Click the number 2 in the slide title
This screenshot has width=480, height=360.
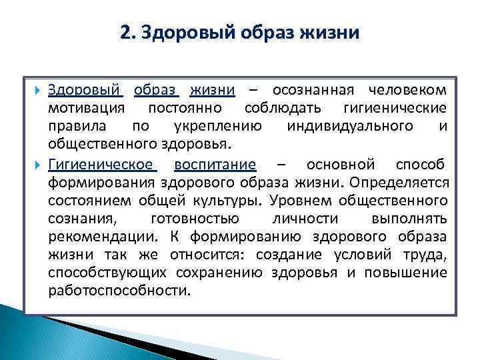pyautogui.click(x=125, y=33)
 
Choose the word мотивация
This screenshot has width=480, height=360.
pyautogui.click(x=87, y=108)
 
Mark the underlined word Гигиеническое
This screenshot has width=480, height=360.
pyautogui.click(x=100, y=164)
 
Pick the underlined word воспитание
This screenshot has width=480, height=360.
pyautogui.click(x=214, y=164)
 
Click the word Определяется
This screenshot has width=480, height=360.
pyautogui.click(x=409, y=182)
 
